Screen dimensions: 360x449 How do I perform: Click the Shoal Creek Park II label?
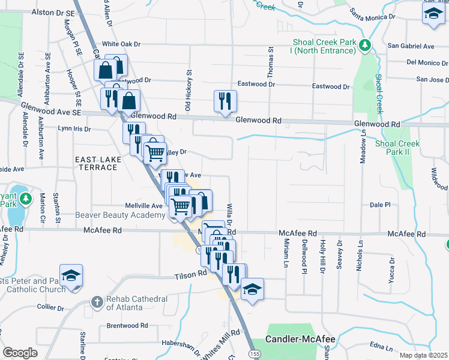click(x=397, y=148)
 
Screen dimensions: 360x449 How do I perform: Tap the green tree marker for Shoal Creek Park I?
click(x=364, y=46)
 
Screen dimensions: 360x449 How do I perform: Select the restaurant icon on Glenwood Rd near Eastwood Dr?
click(x=225, y=100)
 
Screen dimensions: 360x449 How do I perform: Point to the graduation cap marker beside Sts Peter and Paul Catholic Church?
click(x=71, y=275)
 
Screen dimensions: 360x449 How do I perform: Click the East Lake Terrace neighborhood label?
click(x=96, y=163)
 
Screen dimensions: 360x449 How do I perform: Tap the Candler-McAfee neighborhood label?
click(x=300, y=339)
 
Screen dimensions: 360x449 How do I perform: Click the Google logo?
click(x=19, y=352)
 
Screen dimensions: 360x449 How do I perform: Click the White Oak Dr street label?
click(x=121, y=44)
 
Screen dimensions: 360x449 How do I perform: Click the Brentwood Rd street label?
click(x=127, y=326)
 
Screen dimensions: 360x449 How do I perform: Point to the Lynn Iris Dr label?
click(x=74, y=128)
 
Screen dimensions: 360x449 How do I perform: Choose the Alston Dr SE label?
click(x=53, y=12)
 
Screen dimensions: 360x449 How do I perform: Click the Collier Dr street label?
click(x=50, y=307)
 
